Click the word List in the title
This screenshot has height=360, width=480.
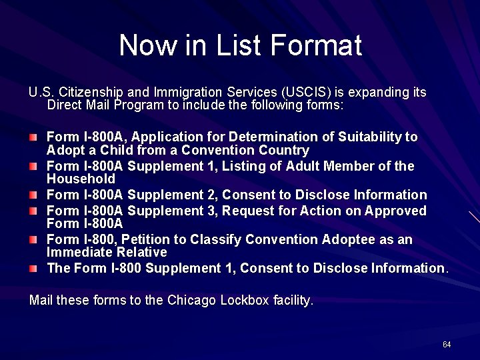pyautogui.click(x=239, y=45)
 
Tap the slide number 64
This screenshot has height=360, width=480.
pyautogui.click(x=446, y=344)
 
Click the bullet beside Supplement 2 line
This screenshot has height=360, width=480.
pyautogui.click(x=33, y=195)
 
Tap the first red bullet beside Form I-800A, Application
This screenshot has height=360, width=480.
pyautogui.click(x=33, y=137)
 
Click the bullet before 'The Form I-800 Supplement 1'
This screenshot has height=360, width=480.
pyautogui.click(x=33, y=268)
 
